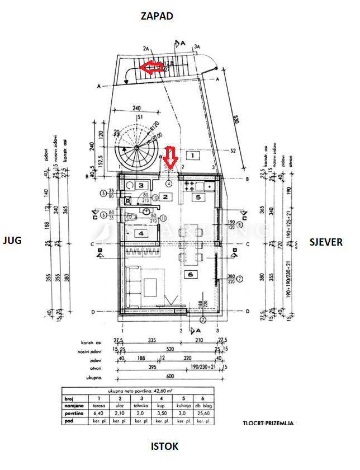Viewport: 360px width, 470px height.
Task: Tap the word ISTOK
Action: pyautogui.click(x=165, y=446)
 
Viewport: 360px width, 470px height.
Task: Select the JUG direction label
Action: pyautogui.click(x=12, y=241)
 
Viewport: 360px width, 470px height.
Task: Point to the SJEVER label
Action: pyautogui.click(x=326, y=242)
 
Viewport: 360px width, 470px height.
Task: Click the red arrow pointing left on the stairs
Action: pyautogui.click(x=151, y=68)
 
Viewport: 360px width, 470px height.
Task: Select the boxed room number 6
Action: pyautogui.click(x=191, y=275)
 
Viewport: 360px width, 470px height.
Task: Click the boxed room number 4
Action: pyautogui.click(x=141, y=233)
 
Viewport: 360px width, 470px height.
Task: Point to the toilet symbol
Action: pyautogui.click(x=132, y=218)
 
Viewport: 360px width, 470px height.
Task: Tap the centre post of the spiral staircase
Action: pyautogui.click(x=136, y=148)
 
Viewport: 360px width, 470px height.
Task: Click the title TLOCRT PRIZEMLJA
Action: pyautogui.click(x=268, y=424)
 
